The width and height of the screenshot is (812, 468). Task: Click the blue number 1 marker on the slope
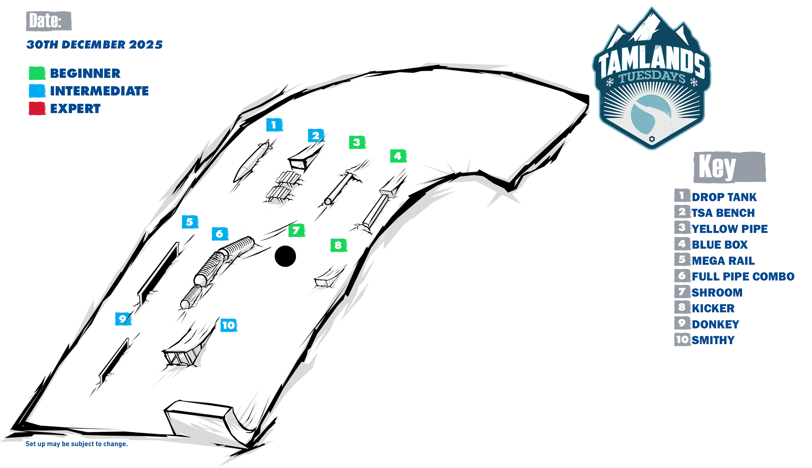pyautogui.click(x=274, y=125)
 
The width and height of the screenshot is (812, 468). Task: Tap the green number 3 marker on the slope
pyautogui.click(x=357, y=142)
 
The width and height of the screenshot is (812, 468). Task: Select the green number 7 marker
pyautogui.click(x=296, y=230)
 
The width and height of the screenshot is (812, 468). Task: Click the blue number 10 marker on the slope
pyautogui.click(x=229, y=325)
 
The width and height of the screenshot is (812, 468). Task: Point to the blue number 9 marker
pyautogui.click(x=123, y=319)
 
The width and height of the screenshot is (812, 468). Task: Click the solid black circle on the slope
pyautogui.click(x=285, y=256)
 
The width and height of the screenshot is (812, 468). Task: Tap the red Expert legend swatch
pyautogui.click(x=37, y=108)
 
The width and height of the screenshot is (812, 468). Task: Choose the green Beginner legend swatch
pyautogui.click(x=37, y=73)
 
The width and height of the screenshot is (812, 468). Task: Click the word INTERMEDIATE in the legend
pyautogui.click(x=99, y=91)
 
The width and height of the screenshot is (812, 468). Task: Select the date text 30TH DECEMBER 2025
pyautogui.click(x=95, y=45)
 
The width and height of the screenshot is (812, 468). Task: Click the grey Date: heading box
pyautogui.click(x=49, y=21)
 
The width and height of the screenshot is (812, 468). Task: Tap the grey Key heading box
pyautogui.click(x=730, y=167)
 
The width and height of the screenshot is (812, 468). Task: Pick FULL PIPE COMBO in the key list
pyautogui.click(x=742, y=276)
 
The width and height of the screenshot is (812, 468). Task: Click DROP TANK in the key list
pyautogui.click(x=724, y=197)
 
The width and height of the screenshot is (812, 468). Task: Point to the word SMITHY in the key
pyautogui.click(x=713, y=340)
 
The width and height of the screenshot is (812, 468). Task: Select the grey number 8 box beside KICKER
pyautogui.click(x=682, y=308)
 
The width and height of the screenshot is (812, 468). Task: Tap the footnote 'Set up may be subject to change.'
pyautogui.click(x=77, y=444)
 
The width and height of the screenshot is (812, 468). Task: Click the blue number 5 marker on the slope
pyautogui.click(x=190, y=222)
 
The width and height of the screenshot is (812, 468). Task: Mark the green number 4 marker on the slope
pyautogui.click(x=398, y=156)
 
